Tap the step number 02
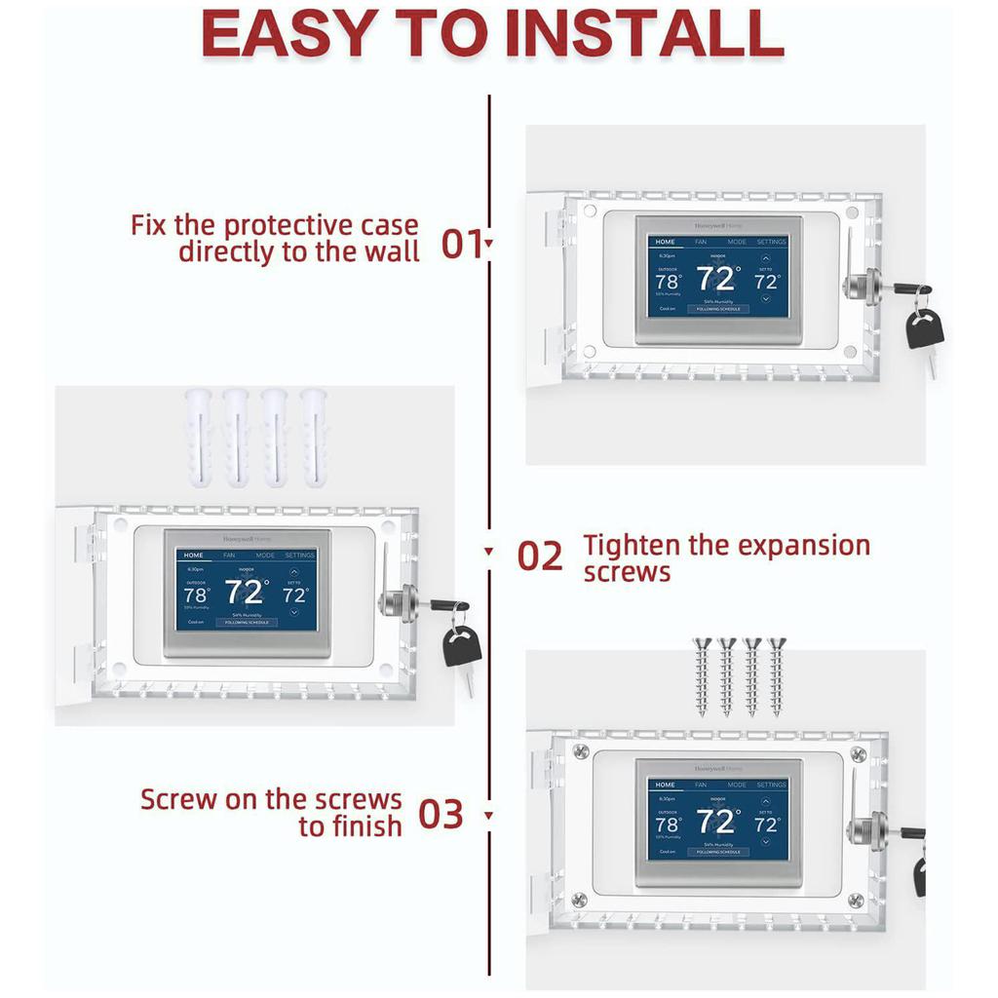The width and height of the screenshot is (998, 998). (x=540, y=557)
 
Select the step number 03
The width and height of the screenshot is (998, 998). (x=441, y=815)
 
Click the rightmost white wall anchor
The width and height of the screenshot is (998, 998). (x=314, y=439)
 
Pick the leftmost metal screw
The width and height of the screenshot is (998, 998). (x=702, y=676)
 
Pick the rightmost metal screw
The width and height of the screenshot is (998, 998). (x=777, y=676)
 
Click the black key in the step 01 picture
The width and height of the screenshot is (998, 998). (x=924, y=329)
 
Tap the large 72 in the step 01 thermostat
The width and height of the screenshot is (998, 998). (x=715, y=280)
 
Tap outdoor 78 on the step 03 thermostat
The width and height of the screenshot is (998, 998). (x=667, y=825)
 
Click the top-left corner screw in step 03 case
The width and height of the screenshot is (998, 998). (x=581, y=751)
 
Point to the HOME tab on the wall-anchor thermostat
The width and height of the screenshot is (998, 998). (x=194, y=555)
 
